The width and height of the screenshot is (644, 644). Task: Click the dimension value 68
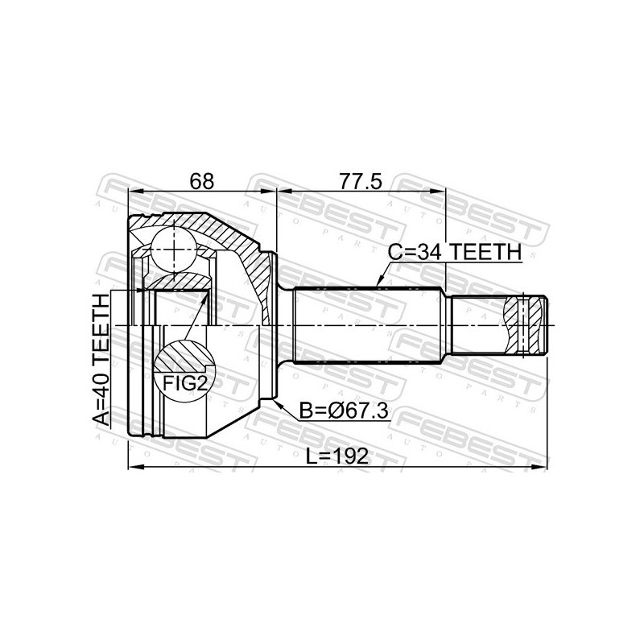(203, 181)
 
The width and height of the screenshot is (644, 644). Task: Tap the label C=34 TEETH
(455, 251)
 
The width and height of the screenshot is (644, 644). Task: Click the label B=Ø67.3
(344, 411)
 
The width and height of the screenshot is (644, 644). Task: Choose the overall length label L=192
(338, 456)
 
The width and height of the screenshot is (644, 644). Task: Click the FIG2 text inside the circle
(184, 383)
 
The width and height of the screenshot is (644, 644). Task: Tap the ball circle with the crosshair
(173, 249)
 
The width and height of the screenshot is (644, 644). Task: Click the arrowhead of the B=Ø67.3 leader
(278, 402)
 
